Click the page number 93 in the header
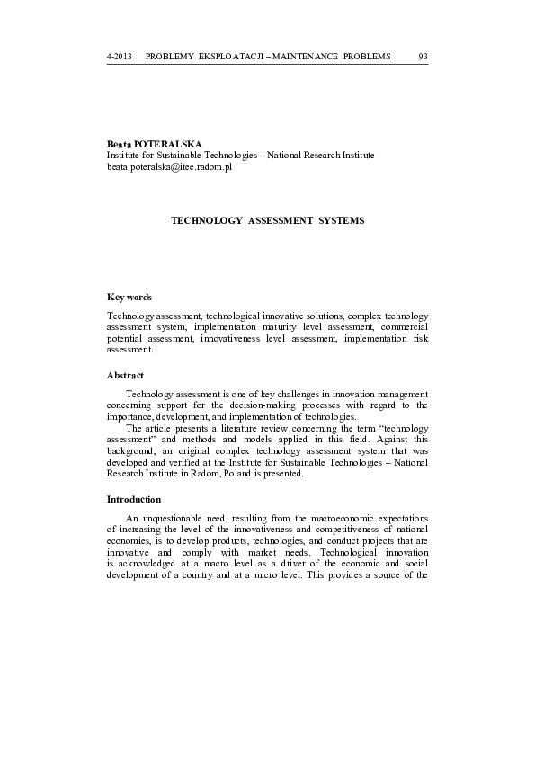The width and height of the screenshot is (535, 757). pyautogui.click(x=423, y=57)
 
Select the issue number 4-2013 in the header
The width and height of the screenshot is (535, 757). pyautogui.click(x=120, y=57)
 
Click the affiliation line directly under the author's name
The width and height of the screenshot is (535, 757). pyautogui.click(x=240, y=156)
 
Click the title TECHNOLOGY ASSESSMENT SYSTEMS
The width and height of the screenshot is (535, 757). pyautogui.click(x=267, y=220)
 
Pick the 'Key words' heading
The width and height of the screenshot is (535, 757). pyautogui.click(x=129, y=298)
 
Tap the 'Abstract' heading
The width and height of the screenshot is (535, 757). pyautogui.click(x=126, y=376)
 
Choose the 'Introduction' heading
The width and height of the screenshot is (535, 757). pyautogui.click(x=134, y=499)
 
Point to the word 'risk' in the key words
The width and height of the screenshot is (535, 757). pyautogui.click(x=420, y=340)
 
